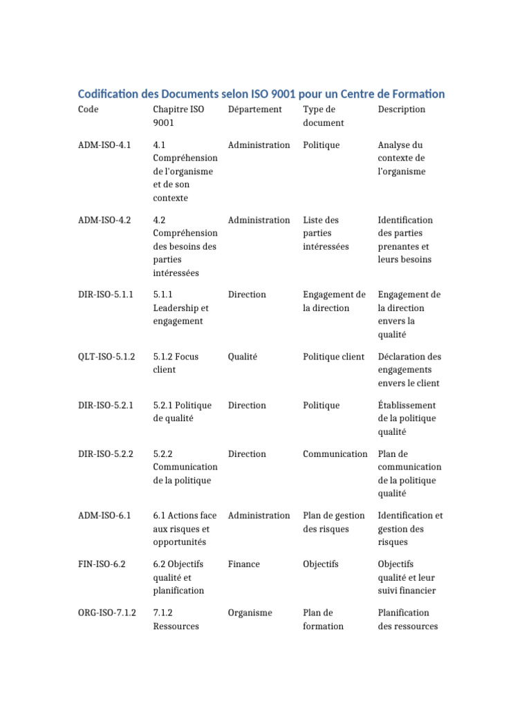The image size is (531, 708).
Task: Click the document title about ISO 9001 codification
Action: pyautogui.click(x=261, y=93)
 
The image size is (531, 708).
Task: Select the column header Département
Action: pyautogui.click(x=254, y=109)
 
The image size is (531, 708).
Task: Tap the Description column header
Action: pyautogui.click(x=402, y=109)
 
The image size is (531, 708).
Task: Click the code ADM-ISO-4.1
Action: pyautogui.click(x=104, y=145)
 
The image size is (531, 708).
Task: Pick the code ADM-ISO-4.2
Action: pyautogui.click(x=104, y=220)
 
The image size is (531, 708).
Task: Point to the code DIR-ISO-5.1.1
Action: pyautogui.click(x=106, y=295)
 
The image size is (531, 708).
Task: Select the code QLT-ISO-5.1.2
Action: pyautogui.click(x=106, y=357)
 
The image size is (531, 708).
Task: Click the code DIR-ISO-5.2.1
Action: pyautogui.click(x=106, y=405)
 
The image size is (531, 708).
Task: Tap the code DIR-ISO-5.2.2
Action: pyautogui.click(x=106, y=454)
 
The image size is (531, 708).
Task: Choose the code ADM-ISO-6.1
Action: pyautogui.click(x=104, y=516)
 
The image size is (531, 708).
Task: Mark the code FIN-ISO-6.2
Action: pyautogui.click(x=102, y=564)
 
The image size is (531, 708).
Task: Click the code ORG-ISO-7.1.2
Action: pyautogui.click(x=107, y=613)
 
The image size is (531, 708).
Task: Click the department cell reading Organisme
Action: pyautogui.click(x=250, y=613)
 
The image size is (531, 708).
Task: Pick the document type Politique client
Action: pyautogui.click(x=333, y=357)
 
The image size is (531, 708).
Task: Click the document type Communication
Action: pyautogui.click(x=335, y=454)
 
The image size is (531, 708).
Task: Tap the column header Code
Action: pyautogui.click(x=88, y=109)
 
